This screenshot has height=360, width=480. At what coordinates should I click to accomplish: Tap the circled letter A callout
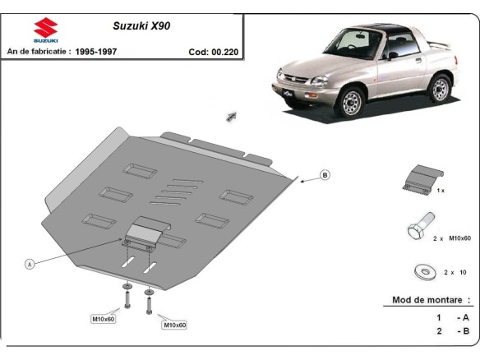click(x=30, y=264)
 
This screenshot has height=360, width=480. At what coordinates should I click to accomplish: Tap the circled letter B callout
click(x=325, y=174)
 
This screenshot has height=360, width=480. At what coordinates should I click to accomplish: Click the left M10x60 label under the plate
click(x=103, y=318)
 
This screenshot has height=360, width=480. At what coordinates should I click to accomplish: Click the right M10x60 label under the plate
click(x=174, y=325)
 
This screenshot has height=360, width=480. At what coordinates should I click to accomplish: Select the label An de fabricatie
click(x=38, y=51)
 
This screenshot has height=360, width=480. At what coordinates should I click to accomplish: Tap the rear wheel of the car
click(x=441, y=88)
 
